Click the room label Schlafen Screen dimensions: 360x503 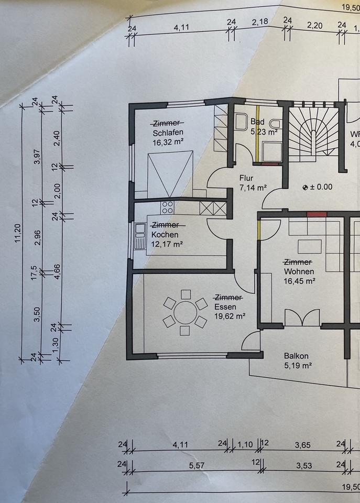pyautogui.click(x=168, y=132)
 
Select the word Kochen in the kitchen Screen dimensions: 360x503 pyautogui.click(x=165, y=234)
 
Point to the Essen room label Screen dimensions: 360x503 pyautogui.click(x=226, y=307)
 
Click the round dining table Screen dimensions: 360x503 pyautogui.click(x=185, y=313)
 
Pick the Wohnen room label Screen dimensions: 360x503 pyautogui.click(x=299, y=271)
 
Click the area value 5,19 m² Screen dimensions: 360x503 pyautogui.click(x=298, y=365)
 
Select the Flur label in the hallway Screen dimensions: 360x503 pyautogui.click(x=246, y=178)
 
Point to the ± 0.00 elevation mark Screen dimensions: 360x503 pyautogui.click(x=318, y=187)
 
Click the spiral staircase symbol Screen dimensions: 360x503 pyautogui.click(x=313, y=131)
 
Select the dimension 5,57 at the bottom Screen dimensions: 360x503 pyautogui.click(x=196, y=465)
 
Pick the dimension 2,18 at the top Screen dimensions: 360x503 pyautogui.click(x=259, y=21)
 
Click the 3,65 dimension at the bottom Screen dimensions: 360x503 pyautogui.click(x=302, y=445)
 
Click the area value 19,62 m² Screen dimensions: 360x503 pyautogui.click(x=230, y=316)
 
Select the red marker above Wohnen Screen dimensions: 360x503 pyautogui.click(x=317, y=214)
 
